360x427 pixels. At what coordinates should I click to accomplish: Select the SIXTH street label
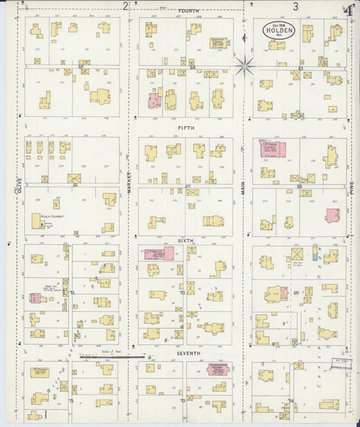pyautogui.click(x=186, y=240)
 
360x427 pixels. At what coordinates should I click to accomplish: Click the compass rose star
pyautogui.click(x=245, y=66)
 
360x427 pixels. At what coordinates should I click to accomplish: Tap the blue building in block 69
pyautogui.click(x=315, y=254)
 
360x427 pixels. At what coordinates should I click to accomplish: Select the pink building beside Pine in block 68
pyautogui.click(x=332, y=216)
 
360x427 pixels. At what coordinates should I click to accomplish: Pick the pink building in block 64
pyautogui.click(x=155, y=101)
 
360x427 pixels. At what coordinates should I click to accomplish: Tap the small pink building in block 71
pyautogui.click(x=35, y=298)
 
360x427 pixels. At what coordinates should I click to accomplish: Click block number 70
pyautogui.click(x=182, y=293)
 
